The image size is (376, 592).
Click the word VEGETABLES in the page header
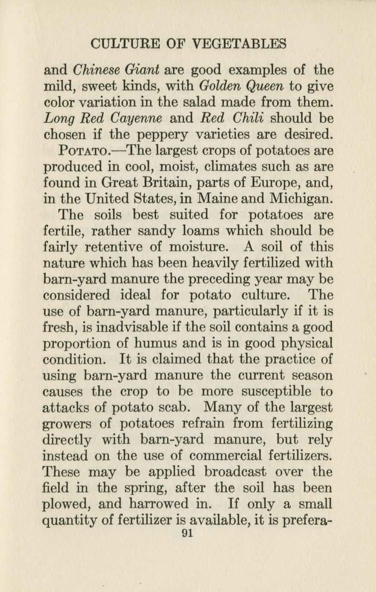(x=239, y=44)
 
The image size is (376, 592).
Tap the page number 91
(x=188, y=533)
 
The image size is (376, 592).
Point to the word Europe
(x=274, y=183)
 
